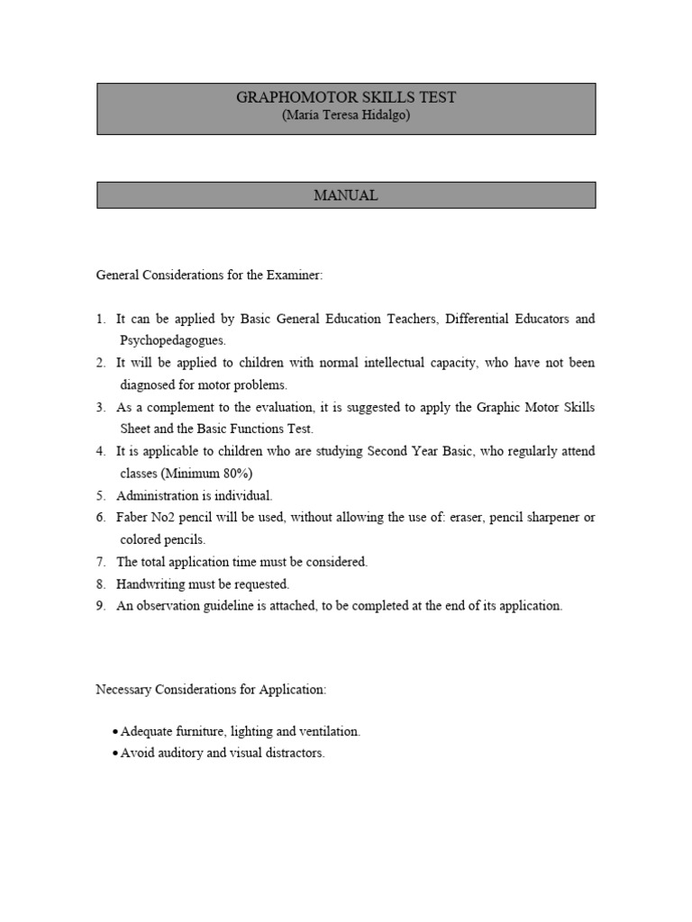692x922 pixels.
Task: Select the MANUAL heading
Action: tap(346, 195)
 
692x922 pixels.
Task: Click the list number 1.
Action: tap(101, 320)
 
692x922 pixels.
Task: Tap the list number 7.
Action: tap(101, 562)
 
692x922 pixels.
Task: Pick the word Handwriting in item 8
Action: tap(151, 583)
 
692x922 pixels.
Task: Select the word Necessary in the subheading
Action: tap(124, 690)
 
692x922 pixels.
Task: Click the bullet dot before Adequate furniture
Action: tap(115, 732)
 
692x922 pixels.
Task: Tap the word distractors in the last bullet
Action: tap(293, 753)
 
